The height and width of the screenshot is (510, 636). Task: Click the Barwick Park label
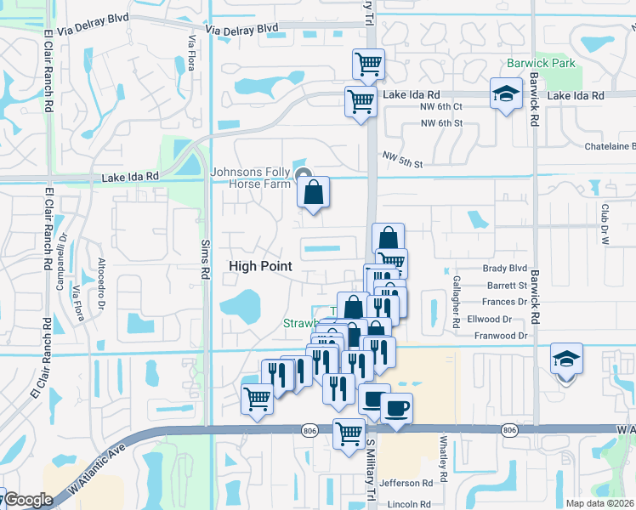point(541,63)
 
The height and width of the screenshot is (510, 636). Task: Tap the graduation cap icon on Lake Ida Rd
point(507,93)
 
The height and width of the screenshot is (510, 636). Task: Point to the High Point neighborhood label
point(260,266)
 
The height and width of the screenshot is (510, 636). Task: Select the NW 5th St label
point(403,158)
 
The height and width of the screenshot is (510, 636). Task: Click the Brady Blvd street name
point(505,268)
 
